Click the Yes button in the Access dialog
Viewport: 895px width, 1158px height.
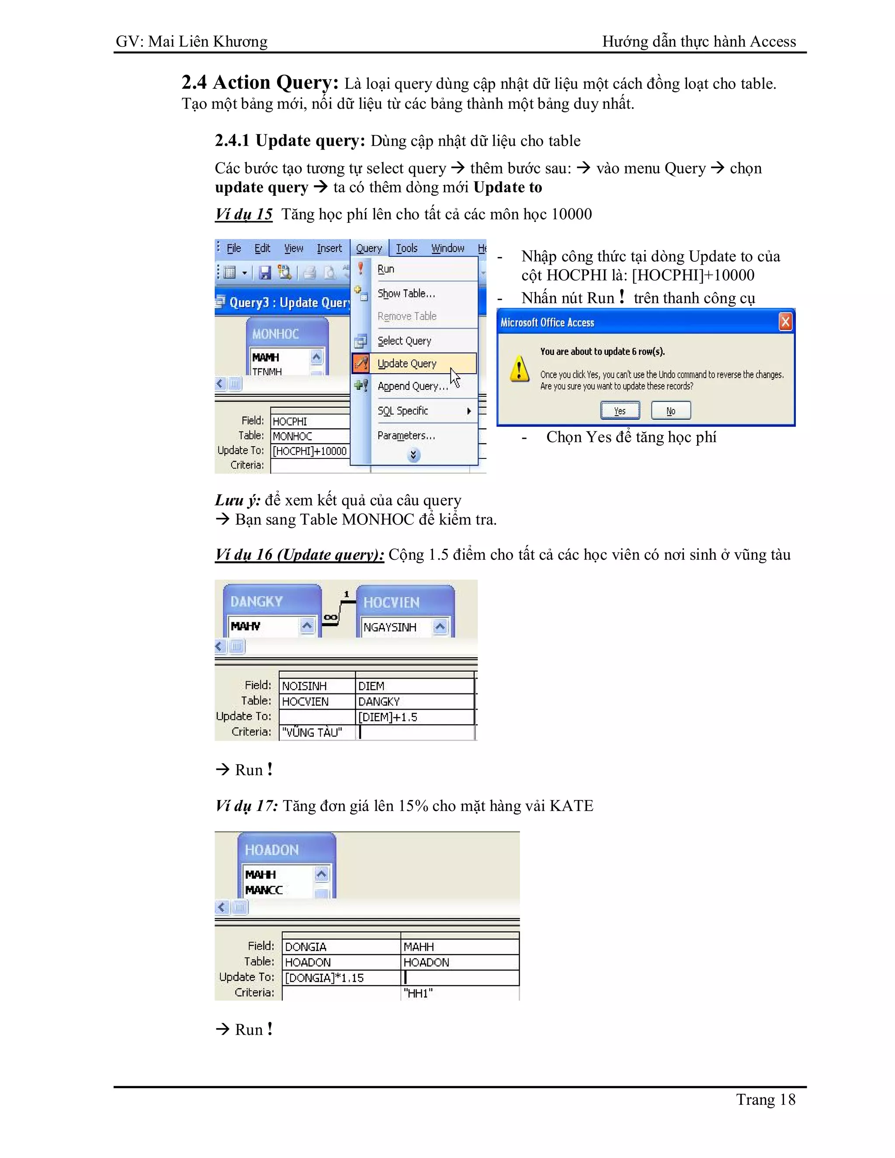coord(620,411)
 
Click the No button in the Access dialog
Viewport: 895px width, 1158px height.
coord(671,411)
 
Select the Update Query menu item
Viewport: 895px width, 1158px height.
coord(407,364)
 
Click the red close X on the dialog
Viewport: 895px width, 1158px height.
coord(785,322)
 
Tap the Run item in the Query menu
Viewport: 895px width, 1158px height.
coord(386,269)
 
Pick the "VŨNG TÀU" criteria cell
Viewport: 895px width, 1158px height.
coord(316,732)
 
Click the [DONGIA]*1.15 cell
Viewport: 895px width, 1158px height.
coord(341,978)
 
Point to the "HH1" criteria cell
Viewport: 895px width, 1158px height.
coord(459,993)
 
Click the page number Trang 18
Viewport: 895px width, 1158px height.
coord(765,1100)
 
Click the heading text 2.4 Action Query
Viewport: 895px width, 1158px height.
coord(260,83)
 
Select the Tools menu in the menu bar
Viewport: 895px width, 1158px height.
coord(407,248)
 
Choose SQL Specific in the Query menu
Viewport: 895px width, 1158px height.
coord(403,411)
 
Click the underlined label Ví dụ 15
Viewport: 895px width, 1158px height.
coord(243,214)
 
